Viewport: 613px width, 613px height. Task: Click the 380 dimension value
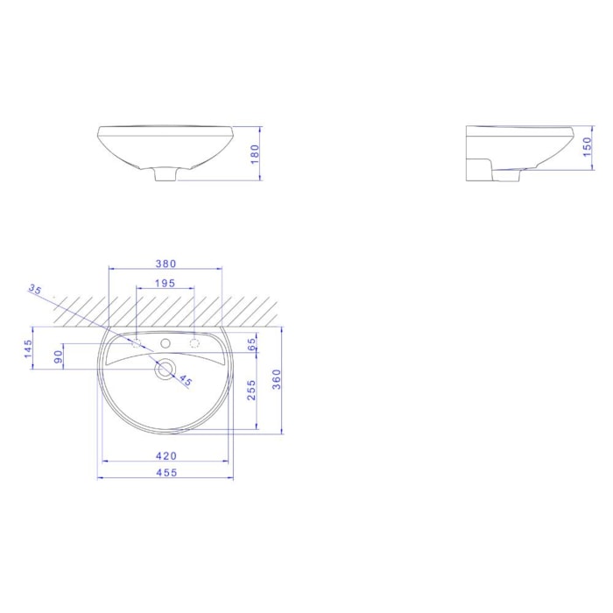point(166,264)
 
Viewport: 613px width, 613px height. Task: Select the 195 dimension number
point(165,283)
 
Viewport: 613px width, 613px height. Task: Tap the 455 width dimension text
point(167,472)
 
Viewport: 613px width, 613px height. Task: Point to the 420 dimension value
point(166,455)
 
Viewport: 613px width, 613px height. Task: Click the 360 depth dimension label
point(277,379)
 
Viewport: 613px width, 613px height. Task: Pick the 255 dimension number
point(251,390)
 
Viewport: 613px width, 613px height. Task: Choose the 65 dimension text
point(251,343)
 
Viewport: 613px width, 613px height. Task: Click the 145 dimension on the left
point(28,349)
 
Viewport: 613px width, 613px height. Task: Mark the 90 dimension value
point(59,356)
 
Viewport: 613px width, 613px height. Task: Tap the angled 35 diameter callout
point(35,290)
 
